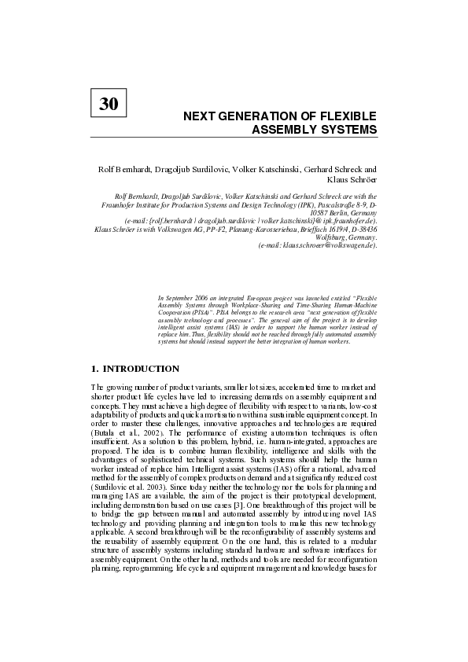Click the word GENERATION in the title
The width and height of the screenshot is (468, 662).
(254, 116)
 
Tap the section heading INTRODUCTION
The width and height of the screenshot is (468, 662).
(142, 369)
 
